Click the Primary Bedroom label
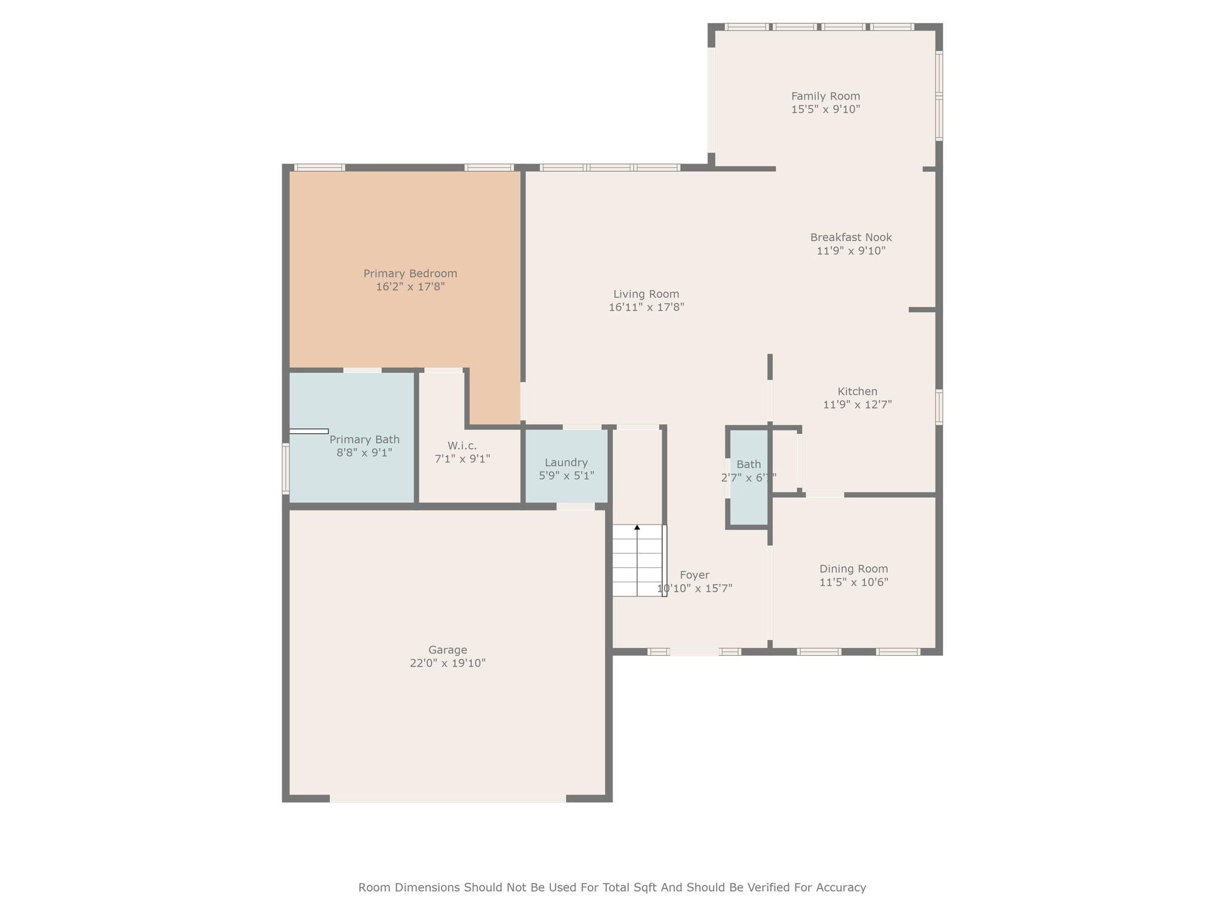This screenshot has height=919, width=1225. (410, 273)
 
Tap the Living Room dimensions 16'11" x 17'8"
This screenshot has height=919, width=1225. (646, 308)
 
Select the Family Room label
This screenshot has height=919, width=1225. (825, 96)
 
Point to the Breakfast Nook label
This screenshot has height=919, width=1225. (851, 238)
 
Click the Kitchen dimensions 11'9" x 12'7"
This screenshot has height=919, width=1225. (857, 405)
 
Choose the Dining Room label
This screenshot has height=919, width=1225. (854, 569)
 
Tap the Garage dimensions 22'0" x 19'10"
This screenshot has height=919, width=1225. (447, 664)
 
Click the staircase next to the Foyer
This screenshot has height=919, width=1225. (638, 561)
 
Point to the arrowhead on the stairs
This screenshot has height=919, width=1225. (637, 527)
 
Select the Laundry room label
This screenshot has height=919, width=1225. (566, 462)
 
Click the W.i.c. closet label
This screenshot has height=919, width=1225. (462, 446)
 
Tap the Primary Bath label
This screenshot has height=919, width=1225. (364, 439)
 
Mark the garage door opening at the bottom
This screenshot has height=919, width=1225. (447, 799)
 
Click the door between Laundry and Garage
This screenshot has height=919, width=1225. (575, 507)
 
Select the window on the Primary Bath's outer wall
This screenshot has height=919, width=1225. (285, 468)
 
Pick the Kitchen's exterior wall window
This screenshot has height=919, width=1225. (939, 407)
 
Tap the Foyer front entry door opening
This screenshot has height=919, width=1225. (694, 652)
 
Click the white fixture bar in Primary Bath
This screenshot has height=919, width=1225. (309, 431)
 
